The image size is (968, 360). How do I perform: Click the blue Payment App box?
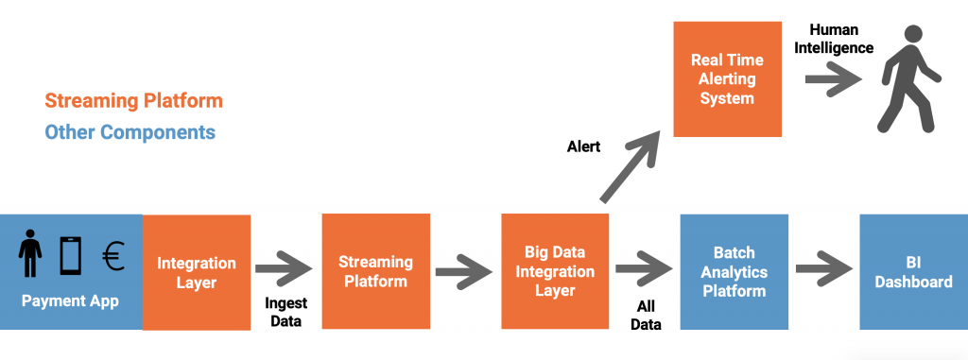71,272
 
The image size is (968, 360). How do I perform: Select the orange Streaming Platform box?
375,271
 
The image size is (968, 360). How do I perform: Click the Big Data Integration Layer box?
555,272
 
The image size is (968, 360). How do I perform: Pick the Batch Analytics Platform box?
734,272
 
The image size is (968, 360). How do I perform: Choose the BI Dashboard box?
913,272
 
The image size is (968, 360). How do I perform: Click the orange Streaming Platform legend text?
133,100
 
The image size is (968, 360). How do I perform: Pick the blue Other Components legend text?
130,131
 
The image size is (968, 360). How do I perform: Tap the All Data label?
646,315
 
